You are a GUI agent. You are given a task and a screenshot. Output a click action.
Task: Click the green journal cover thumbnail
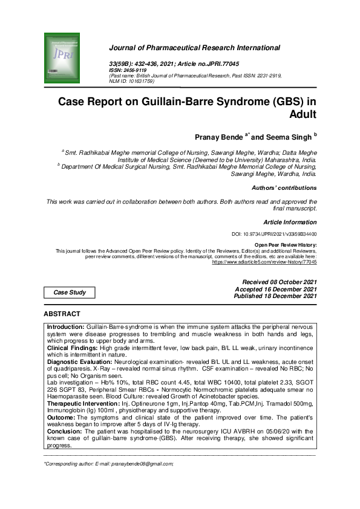(x=63, y=59)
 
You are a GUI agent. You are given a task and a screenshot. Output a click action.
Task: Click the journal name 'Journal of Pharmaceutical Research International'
(x=194, y=48)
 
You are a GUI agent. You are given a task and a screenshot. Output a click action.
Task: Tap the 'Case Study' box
(x=70, y=293)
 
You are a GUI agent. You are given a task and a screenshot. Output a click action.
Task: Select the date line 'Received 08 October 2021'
(x=279, y=282)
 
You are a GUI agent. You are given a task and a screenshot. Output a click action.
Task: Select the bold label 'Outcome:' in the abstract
(x=60, y=418)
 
